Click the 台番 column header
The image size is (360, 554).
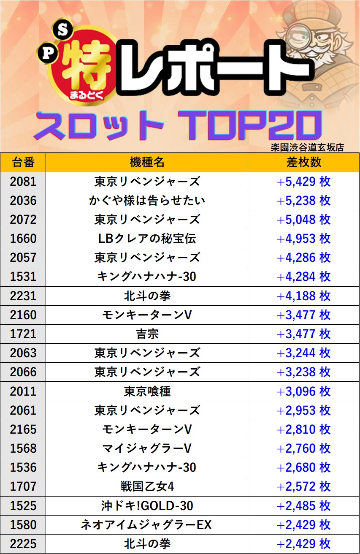tap(23, 162)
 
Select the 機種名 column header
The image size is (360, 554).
tap(147, 162)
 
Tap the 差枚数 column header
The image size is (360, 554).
tap(303, 162)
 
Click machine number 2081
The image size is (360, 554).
tap(23, 182)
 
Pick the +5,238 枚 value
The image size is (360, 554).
tap(303, 201)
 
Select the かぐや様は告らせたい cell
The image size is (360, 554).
tap(147, 201)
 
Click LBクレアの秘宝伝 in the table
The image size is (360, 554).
tap(147, 239)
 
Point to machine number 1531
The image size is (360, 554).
tap(23, 277)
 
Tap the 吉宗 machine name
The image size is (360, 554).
tap(147, 334)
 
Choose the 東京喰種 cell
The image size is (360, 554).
tap(147, 391)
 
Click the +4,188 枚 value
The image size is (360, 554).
tap(303, 296)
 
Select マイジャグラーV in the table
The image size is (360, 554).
tap(147, 448)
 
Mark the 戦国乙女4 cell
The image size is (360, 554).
tap(147, 486)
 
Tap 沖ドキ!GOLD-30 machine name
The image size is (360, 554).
tap(147, 505)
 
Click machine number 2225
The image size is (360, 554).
tap(23, 544)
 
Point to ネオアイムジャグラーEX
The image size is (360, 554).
tap(147, 525)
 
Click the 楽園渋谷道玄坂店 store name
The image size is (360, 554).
tap(307, 147)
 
